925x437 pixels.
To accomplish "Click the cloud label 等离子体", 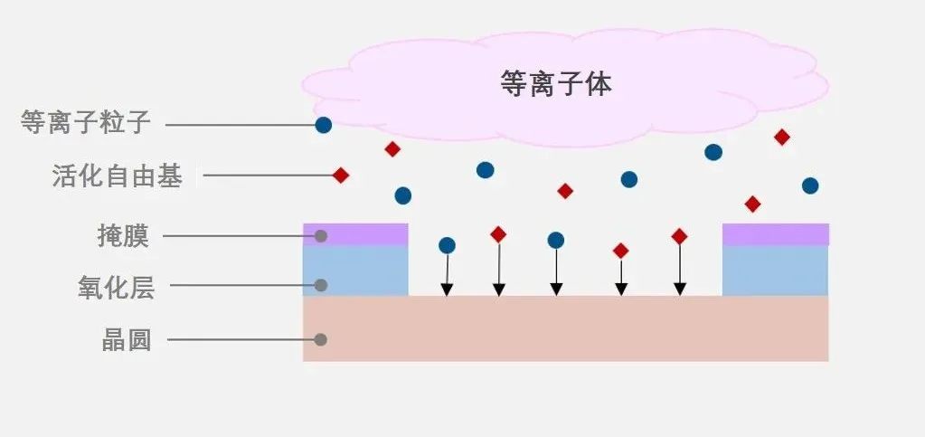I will pos(555,84).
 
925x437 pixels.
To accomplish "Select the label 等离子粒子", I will pos(85,122).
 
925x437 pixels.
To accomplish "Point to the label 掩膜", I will pos(123,237).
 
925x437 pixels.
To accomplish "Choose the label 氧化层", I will pos(116,288).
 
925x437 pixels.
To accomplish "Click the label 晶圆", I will pos(126,341).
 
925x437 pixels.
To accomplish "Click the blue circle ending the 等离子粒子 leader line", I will pos(323,126).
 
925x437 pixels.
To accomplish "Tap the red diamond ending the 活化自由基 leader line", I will pos(341,176).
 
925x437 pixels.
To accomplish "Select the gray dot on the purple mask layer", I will pos(320,236).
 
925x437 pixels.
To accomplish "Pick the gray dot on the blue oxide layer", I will pos(320,285).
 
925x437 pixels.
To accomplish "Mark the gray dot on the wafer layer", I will pos(320,340).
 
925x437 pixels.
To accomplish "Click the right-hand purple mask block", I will pos(775,234).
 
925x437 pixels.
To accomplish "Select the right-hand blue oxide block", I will pos(775,271).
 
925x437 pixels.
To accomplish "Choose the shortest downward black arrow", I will pos(621,278).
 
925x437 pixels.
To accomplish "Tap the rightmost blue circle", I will pos(810,185).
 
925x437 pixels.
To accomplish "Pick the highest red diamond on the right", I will pos(782,138).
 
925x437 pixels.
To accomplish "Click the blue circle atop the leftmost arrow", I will pos(447,245).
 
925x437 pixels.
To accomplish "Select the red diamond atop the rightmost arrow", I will pos(680,236).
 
